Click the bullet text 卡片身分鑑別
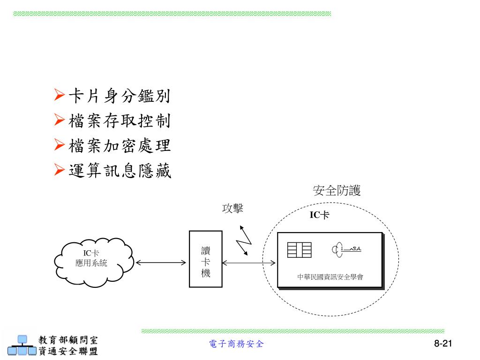click(x=120, y=97)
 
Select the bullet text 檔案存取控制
click(x=120, y=121)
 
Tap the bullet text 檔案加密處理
click(x=120, y=146)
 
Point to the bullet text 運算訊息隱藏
click(x=120, y=171)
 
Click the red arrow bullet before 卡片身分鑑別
click(x=60, y=97)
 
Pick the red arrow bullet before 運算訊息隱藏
click(x=60, y=170)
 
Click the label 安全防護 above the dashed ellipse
click(x=337, y=191)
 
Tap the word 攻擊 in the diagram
click(x=232, y=208)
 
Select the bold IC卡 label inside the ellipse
click(x=319, y=215)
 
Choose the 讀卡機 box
click(x=205, y=259)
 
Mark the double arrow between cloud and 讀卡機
click(x=161, y=263)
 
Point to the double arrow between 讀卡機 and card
click(x=248, y=263)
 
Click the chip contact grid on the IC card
click(x=300, y=250)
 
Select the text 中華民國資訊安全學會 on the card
click(x=330, y=277)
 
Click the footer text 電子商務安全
click(x=236, y=344)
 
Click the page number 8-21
click(x=443, y=344)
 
